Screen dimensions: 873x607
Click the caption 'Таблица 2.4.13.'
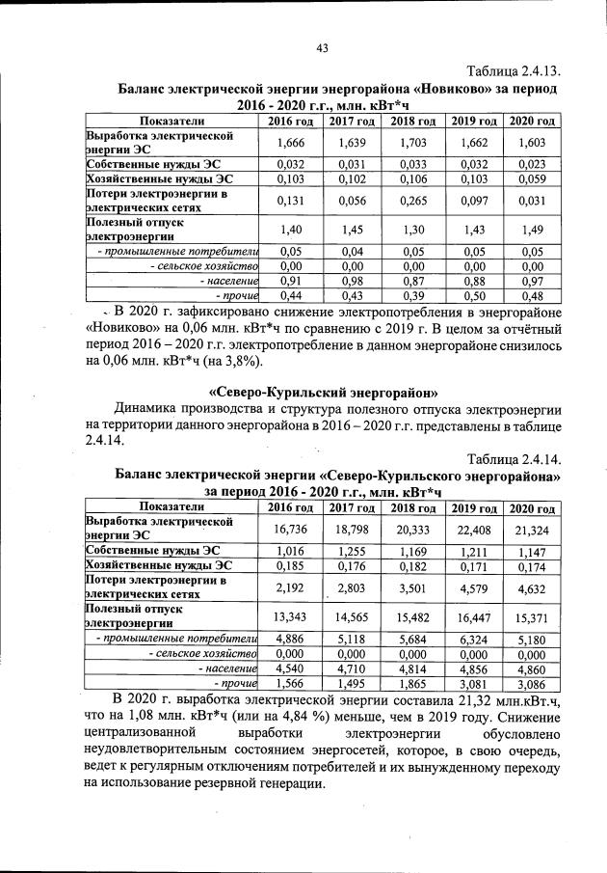pyautogui.click(x=514, y=71)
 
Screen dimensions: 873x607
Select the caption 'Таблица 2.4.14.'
pyautogui.click(x=514, y=457)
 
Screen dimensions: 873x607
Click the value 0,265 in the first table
pyautogui.click(x=412, y=200)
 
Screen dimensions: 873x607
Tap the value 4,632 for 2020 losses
pyautogui.click(x=532, y=586)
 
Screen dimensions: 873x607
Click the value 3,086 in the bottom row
pyautogui.click(x=532, y=683)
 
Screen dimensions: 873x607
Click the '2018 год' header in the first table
pyautogui.click(x=412, y=121)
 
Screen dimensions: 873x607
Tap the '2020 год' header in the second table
pyautogui.click(x=532, y=507)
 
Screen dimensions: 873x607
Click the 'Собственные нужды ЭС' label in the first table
pyautogui.click(x=145, y=164)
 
